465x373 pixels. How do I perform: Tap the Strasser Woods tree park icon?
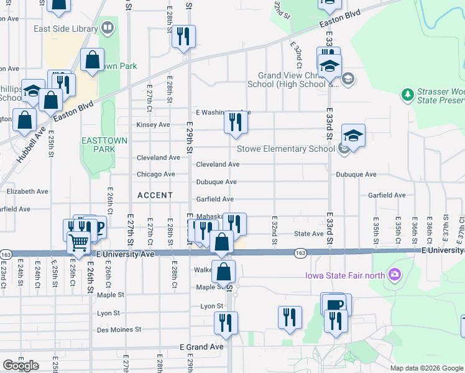pyautogui.click(x=408, y=95)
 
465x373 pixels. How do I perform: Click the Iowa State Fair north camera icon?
pyautogui.click(x=394, y=274)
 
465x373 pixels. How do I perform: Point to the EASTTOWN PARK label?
pyautogui.click(x=104, y=145)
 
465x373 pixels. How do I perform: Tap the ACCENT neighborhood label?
pyautogui.click(x=155, y=195)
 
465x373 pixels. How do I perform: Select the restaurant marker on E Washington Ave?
pyautogui.click(x=236, y=122)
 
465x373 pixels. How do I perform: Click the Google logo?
pyautogui.click(x=21, y=365)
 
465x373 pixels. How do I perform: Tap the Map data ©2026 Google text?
pyautogui.click(x=426, y=368)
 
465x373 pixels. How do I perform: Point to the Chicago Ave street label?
pyautogui.click(x=156, y=175)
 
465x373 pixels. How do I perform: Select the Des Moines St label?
pyautogui.click(x=119, y=329)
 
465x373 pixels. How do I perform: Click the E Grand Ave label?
pyautogui.click(x=201, y=347)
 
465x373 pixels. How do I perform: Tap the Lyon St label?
pyautogui.click(x=211, y=306)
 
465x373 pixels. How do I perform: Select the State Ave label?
pyautogui.click(x=308, y=234)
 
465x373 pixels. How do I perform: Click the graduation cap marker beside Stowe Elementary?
pyautogui.click(x=353, y=136)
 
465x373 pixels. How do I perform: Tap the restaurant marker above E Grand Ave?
pyautogui.click(x=226, y=323)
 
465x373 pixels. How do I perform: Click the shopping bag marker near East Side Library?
pyautogui.click(x=92, y=61)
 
